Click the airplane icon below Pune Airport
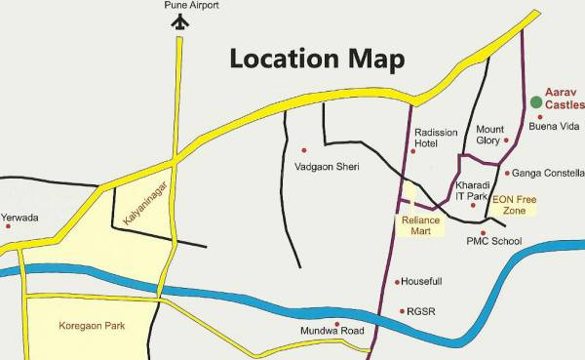[177, 22]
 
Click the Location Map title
[316, 58]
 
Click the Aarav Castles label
[564, 96]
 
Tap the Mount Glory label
[488, 135]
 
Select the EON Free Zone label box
[514, 205]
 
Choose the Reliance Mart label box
[421, 225]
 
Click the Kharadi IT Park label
[470, 190]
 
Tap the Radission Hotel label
[435, 138]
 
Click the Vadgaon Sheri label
[327, 167]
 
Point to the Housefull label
[422, 281]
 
